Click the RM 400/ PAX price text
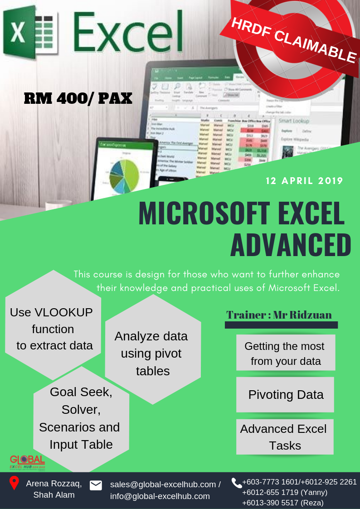pyautogui.click(x=78, y=98)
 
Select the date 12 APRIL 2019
pyautogui.click(x=304, y=181)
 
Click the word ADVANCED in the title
pyautogui.click(x=291, y=245)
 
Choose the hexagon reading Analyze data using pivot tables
pyautogui.click(x=152, y=354)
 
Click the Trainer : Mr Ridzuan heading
pyautogui.click(x=279, y=315)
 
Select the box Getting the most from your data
pyautogui.click(x=285, y=353)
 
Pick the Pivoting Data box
pyautogui.click(x=285, y=394)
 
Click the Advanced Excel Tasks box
pyautogui.click(x=284, y=437)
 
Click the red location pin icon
pyautogui.click(x=14, y=483)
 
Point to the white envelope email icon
pyautogui.click(x=96, y=485)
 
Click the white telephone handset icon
pyautogui.click(x=237, y=483)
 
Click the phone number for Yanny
pyautogui.click(x=285, y=492)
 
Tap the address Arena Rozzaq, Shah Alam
pyautogui.click(x=54, y=489)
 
